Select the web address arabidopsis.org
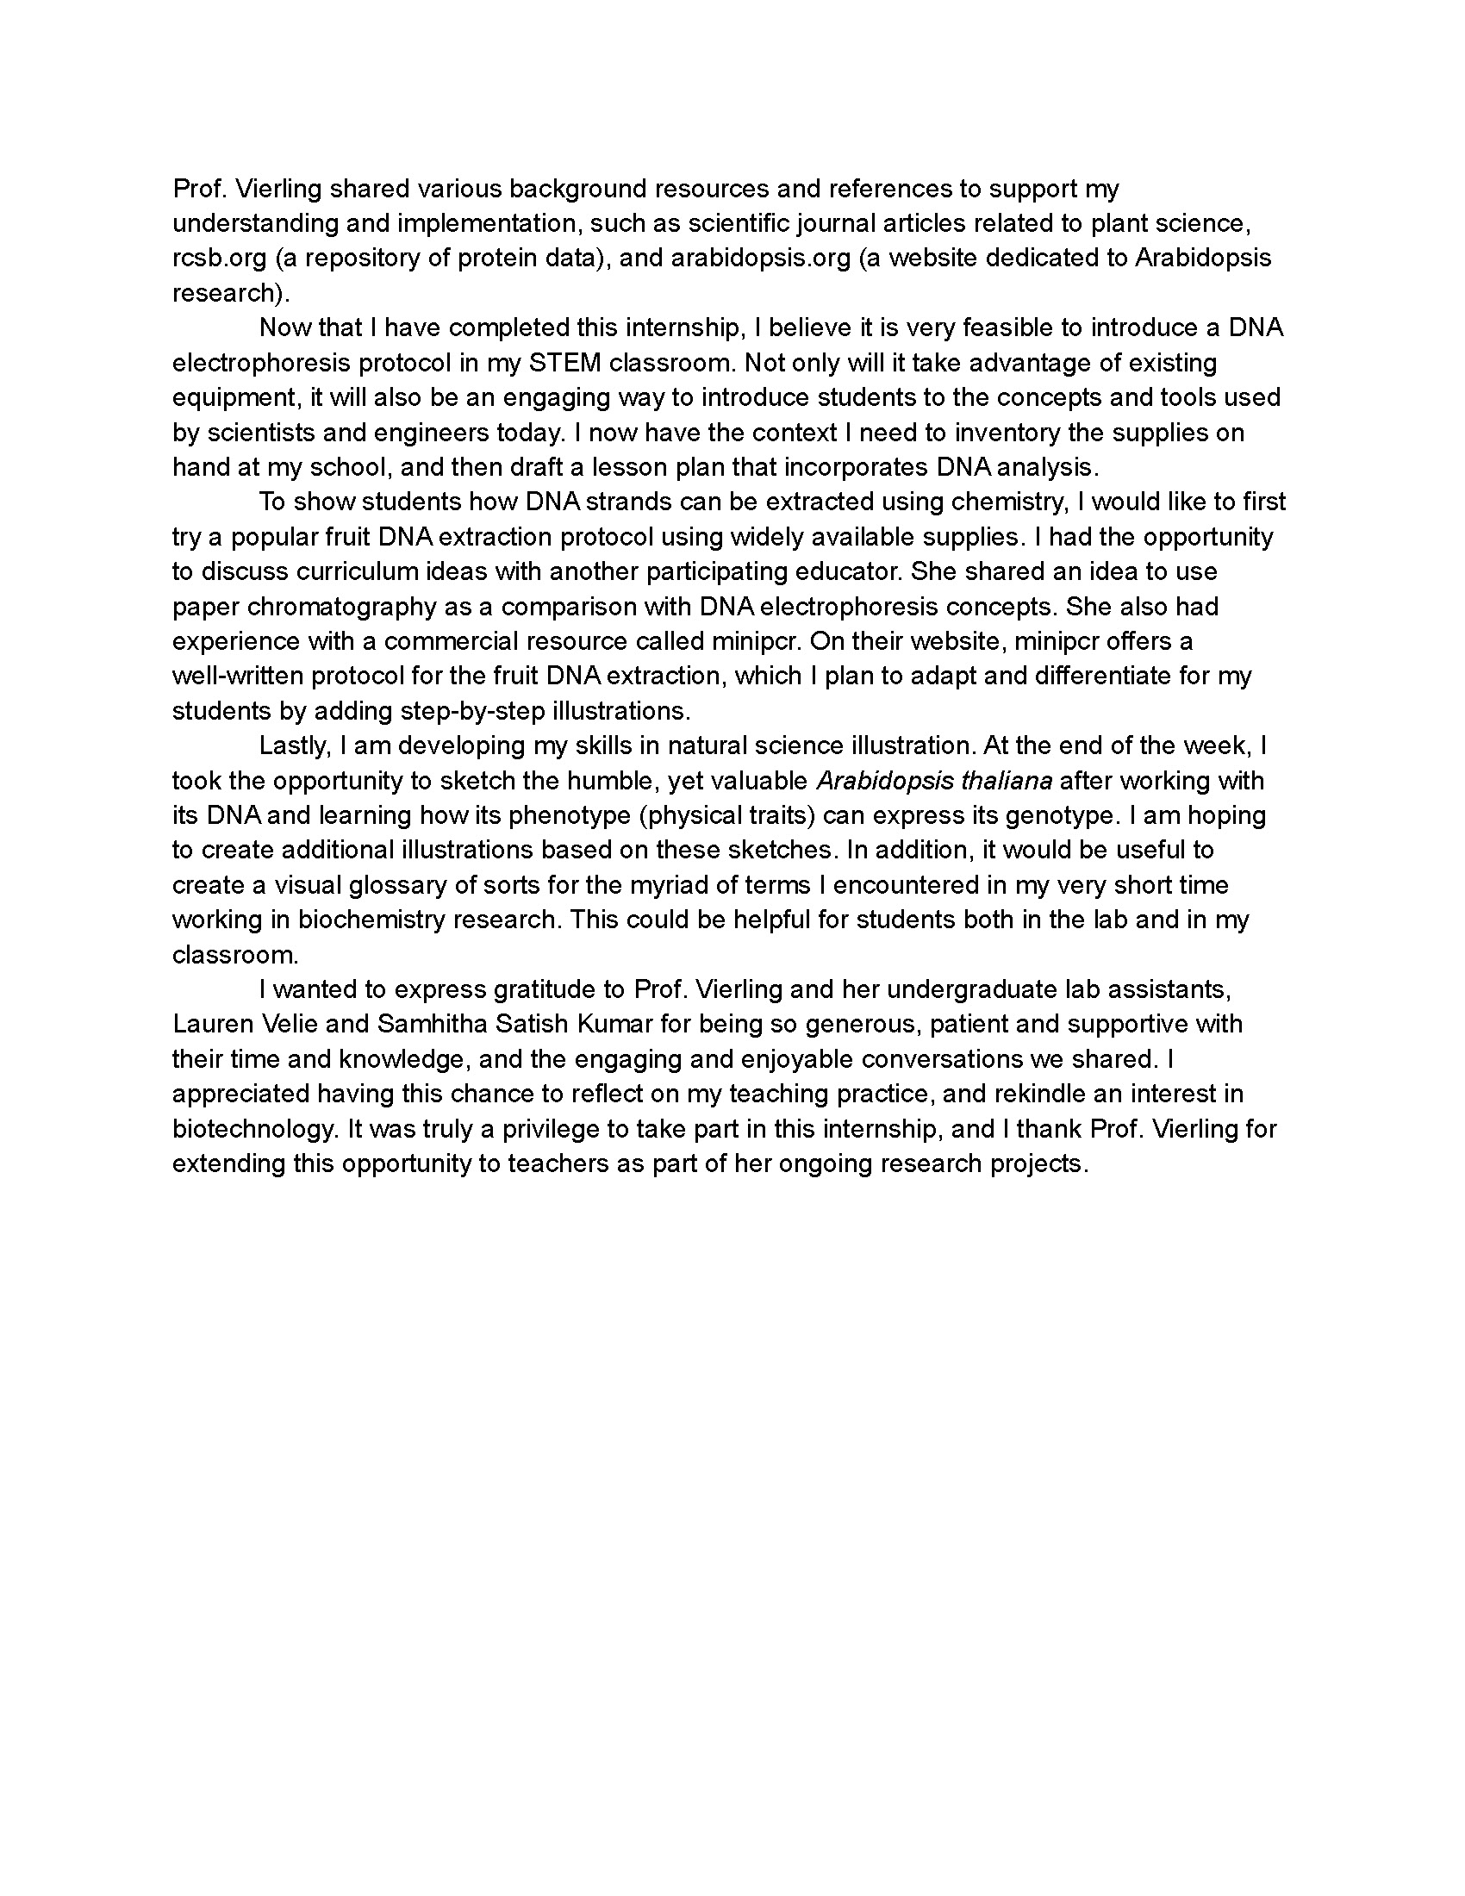[x=760, y=259]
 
